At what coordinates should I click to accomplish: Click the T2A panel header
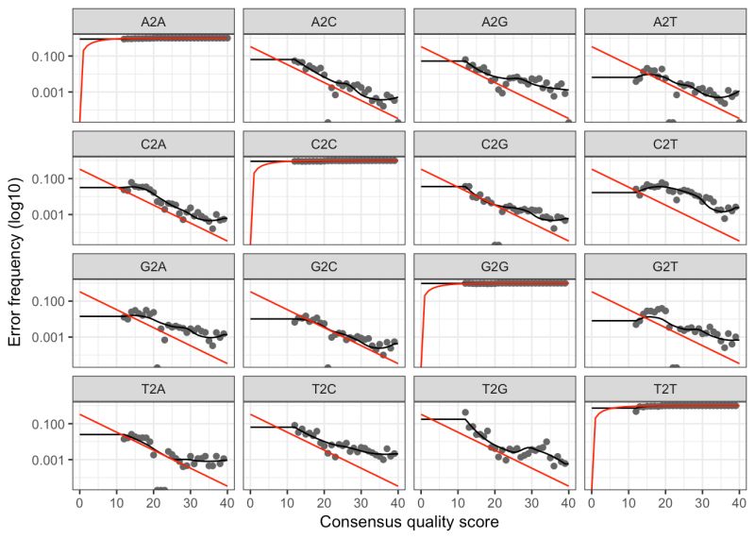click(154, 389)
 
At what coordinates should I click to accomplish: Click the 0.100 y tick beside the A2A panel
click(50, 57)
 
